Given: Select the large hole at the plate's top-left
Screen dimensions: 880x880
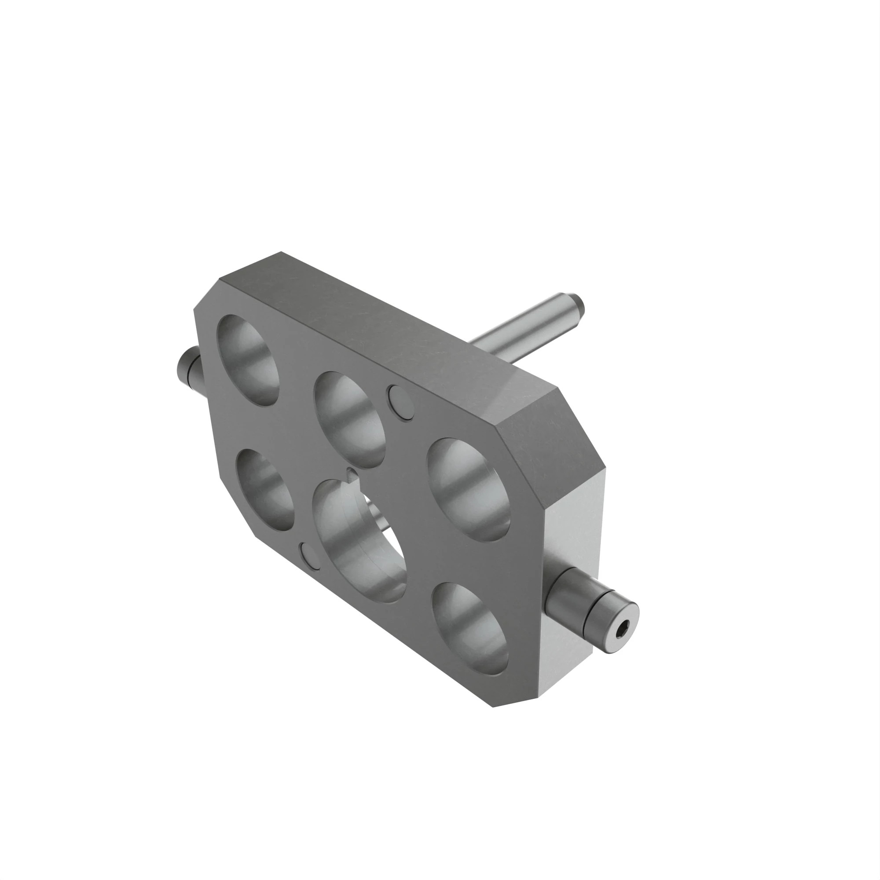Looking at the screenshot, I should (x=249, y=360).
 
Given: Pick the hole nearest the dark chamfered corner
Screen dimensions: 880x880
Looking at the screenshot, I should (x=469, y=490).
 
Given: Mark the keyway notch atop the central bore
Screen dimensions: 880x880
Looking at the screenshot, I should (x=352, y=474).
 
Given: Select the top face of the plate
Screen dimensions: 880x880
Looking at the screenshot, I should (x=387, y=328).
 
